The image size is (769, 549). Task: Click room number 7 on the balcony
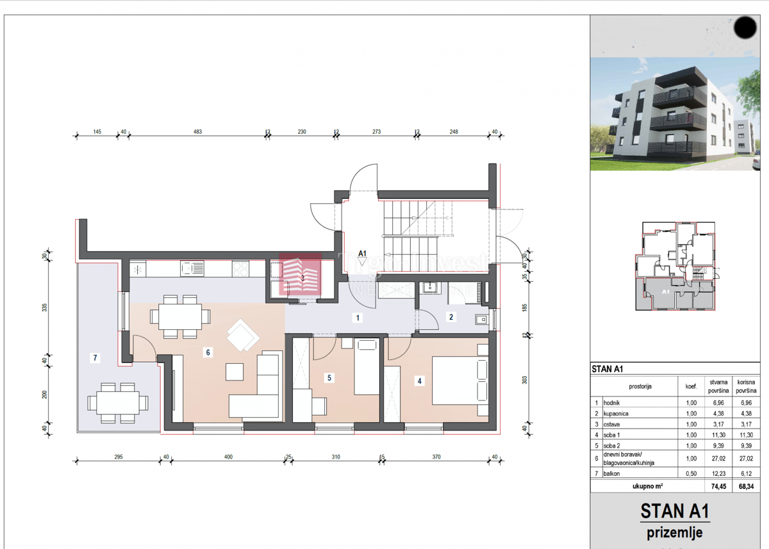(x=95, y=358)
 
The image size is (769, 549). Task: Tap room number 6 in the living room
(x=208, y=352)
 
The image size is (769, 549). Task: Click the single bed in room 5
(x=367, y=367)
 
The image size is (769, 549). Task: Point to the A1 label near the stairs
(x=362, y=254)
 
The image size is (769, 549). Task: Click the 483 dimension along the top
(x=197, y=131)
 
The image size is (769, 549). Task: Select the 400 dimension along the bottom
(x=228, y=457)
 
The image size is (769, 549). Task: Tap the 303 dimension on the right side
(x=524, y=380)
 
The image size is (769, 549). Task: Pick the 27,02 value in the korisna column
(x=745, y=459)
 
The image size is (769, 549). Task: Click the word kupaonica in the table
(x=616, y=414)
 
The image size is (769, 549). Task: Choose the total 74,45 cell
(x=718, y=486)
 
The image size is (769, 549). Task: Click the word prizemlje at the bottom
(x=675, y=532)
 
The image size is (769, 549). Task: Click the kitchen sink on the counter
(x=192, y=268)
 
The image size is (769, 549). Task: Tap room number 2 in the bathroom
(x=451, y=316)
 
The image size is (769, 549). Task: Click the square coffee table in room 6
(x=235, y=372)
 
